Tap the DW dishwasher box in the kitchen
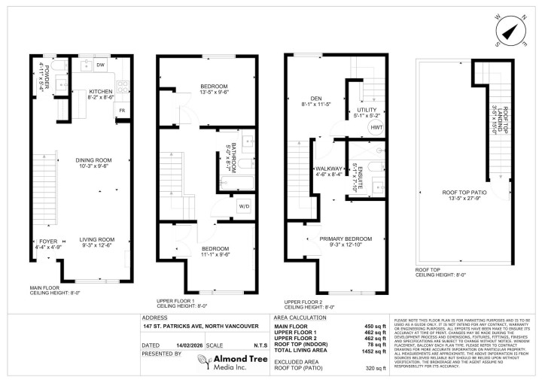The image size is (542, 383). pos(100,65)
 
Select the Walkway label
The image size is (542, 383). pos(329,172)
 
